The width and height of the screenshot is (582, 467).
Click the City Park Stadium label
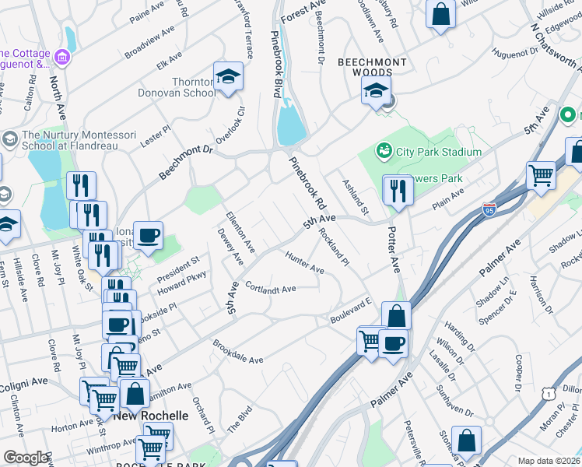[440, 152]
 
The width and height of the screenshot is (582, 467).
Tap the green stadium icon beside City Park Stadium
[384, 149]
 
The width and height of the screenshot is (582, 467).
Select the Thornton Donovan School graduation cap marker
[228, 77]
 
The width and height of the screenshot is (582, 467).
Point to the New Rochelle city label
[151, 416]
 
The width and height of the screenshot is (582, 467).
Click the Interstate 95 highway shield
[489, 209]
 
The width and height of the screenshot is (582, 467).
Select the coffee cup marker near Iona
[148, 235]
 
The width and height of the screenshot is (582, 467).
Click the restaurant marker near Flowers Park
[398, 190]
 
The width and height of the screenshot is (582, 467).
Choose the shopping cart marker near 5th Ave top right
[541, 174]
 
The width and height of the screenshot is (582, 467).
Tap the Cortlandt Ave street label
[271, 289]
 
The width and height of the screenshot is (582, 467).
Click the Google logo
[26, 458]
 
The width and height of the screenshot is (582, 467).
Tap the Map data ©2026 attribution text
[549, 461]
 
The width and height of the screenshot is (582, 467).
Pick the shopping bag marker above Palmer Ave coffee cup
[396, 316]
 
